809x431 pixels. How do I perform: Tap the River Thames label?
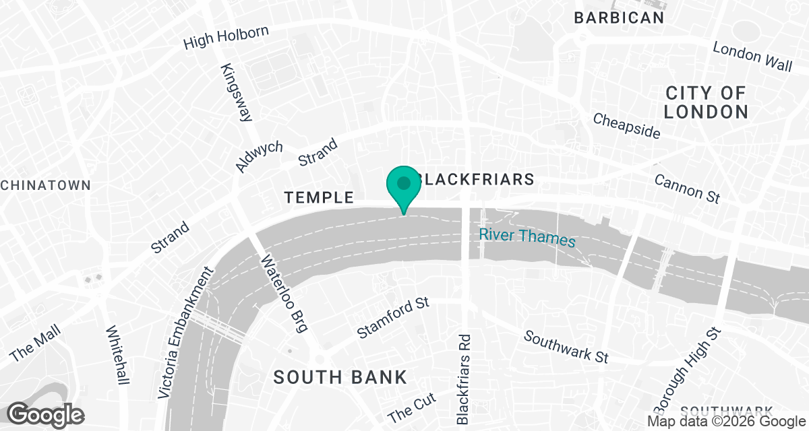pyautogui.click(x=527, y=238)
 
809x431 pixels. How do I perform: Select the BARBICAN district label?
pyautogui.click(x=619, y=18)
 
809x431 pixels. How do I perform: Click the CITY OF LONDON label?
pyautogui.click(x=706, y=102)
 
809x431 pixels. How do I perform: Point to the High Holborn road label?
pyautogui.click(x=227, y=38)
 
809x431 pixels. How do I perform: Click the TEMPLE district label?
pyautogui.click(x=319, y=197)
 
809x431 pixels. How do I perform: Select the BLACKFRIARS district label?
pyautogui.click(x=475, y=179)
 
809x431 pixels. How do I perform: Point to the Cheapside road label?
pyautogui.click(x=626, y=125)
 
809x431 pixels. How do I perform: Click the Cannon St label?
pyautogui.click(x=687, y=189)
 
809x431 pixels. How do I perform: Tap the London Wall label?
pyautogui.click(x=752, y=57)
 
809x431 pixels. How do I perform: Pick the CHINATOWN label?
pyautogui.click(x=45, y=185)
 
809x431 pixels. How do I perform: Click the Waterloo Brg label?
pyautogui.click(x=284, y=294)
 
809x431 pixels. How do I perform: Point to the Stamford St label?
pyautogui.click(x=393, y=318)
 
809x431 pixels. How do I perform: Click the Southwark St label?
pyautogui.click(x=566, y=346)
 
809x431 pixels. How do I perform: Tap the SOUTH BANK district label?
pyautogui.click(x=340, y=377)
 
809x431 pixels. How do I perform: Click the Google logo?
pyautogui.click(x=45, y=413)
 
